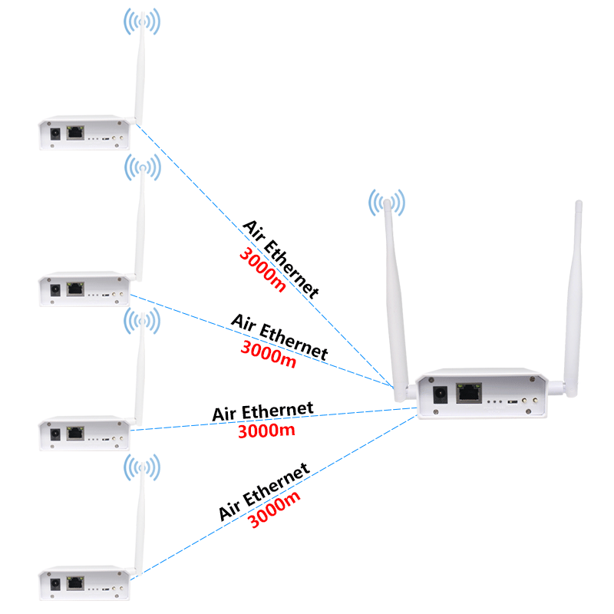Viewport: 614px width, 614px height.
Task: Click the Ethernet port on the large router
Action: pos(469,394)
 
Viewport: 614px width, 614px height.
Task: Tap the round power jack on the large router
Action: pos(441,394)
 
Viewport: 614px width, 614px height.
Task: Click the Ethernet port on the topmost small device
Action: pos(75,133)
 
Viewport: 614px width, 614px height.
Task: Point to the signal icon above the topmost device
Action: pos(142,23)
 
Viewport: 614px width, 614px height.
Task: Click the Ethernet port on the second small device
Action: pos(75,289)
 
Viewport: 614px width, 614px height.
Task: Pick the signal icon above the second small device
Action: pos(143,167)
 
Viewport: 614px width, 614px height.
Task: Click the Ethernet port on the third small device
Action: pos(75,432)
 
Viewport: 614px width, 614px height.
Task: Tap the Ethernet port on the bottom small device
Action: pos(75,583)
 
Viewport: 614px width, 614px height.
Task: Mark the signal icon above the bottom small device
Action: pos(143,467)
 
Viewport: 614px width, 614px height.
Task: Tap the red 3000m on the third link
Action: pos(266,431)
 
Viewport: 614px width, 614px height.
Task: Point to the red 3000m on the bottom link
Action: pos(274,508)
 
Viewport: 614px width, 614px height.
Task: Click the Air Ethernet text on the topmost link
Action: pos(281,258)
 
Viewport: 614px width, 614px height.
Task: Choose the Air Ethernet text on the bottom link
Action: pos(264,490)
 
